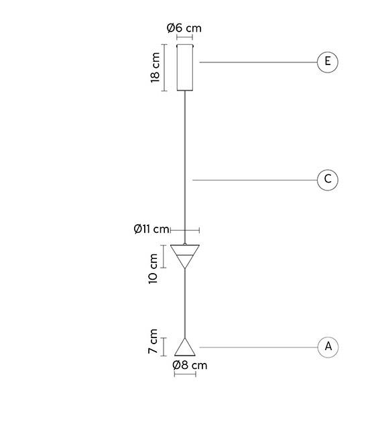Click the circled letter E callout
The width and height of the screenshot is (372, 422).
327,62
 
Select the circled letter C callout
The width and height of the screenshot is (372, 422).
327,180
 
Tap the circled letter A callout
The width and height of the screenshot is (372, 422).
328,347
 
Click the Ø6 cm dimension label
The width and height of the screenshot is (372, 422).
184,28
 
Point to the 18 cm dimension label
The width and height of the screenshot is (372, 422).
155,68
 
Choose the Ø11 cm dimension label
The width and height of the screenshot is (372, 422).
151,229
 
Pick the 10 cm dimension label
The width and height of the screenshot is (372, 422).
153,268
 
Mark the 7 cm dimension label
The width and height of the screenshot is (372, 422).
153,341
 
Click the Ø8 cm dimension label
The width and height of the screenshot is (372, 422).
190,365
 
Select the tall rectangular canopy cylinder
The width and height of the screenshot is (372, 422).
184,68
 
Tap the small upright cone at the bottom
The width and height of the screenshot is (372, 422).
185,348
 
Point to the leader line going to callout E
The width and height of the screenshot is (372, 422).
258,62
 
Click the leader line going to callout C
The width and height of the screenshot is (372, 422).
255,180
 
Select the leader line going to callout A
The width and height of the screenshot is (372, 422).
258,347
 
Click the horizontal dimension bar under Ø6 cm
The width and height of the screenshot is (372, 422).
184,37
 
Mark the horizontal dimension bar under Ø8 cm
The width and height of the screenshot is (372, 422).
185,374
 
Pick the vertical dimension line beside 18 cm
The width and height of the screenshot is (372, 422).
164,68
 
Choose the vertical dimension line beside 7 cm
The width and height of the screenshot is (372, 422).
164,347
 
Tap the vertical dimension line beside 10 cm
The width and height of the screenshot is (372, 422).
164,256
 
